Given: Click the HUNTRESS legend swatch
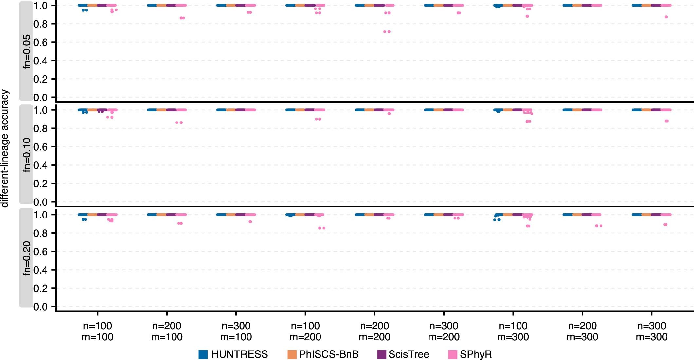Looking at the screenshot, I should tap(203, 354).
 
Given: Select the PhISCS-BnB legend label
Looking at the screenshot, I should tap(329, 354).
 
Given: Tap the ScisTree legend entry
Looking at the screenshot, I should tap(409, 354).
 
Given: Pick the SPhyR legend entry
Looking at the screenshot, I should tap(476, 354).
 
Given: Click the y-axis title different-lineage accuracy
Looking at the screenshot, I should tap(5, 148).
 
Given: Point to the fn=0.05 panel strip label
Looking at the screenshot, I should tap(27, 51).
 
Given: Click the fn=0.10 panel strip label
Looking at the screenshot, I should tap(27, 155).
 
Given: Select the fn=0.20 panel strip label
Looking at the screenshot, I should tap(27, 258).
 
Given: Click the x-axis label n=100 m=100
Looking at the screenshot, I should tap(98, 331).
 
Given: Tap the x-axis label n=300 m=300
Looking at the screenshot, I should tap(651, 331).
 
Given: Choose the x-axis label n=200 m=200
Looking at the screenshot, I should tap(374, 331).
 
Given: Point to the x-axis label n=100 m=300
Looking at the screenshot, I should tap(513, 331).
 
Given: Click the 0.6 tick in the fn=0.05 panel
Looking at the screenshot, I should tap(40, 42).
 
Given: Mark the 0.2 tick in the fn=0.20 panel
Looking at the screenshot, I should tap(40, 288).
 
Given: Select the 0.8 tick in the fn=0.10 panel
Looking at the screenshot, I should tap(40, 128).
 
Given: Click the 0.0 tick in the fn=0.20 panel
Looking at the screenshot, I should tap(40, 307).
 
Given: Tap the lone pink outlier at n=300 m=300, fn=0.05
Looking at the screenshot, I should tap(666, 17).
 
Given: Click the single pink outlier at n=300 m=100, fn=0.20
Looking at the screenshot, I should tap(250, 222).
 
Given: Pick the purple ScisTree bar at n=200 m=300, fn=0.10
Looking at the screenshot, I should tap(587, 110).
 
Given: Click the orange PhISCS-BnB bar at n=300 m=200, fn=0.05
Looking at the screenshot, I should tap(439, 5).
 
